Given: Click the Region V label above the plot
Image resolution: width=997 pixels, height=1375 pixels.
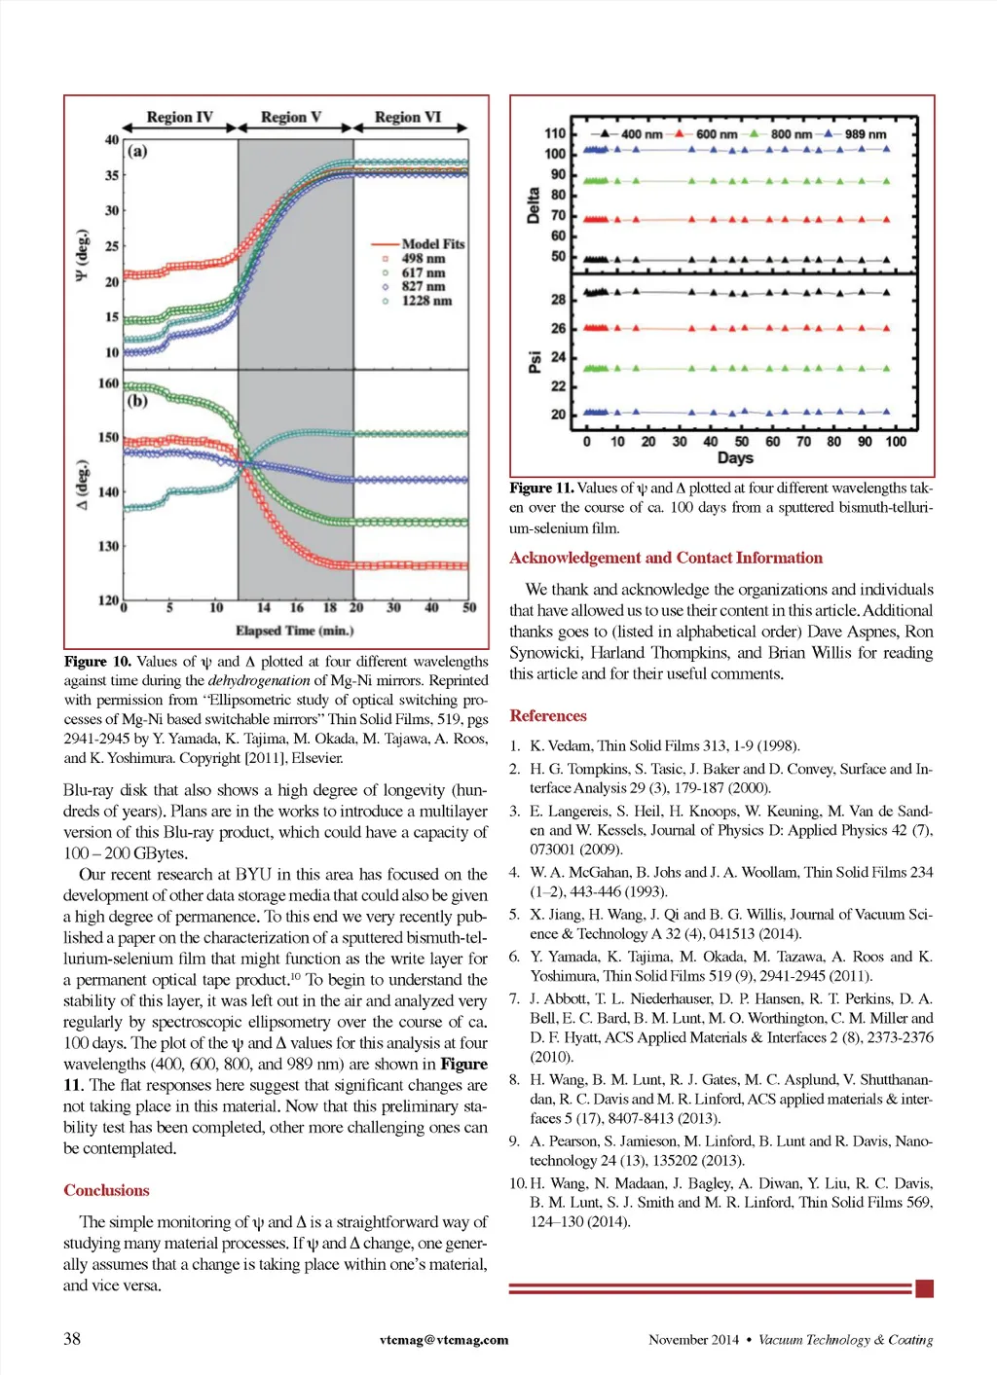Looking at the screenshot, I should pyautogui.click(x=290, y=118).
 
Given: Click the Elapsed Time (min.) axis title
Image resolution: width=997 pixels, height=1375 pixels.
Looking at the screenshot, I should pyautogui.click(x=294, y=631).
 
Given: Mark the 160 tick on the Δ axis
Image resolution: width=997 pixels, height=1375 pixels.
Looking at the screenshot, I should pyautogui.click(x=108, y=383).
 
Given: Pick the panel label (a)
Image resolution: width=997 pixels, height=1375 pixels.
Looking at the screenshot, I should pyautogui.click(x=137, y=151).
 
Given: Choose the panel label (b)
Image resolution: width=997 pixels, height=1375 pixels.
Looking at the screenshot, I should pyautogui.click(x=137, y=400).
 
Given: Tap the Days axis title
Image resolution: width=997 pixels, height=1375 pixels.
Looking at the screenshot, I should pyautogui.click(x=735, y=457).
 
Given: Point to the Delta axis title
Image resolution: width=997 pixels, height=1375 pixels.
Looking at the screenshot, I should pyautogui.click(x=533, y=205).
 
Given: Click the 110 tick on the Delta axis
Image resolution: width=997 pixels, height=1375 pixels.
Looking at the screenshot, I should pyautogui.click(x=555, y=133).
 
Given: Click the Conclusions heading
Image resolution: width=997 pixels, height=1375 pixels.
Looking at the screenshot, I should pyautogui.click(x=106, y=1190).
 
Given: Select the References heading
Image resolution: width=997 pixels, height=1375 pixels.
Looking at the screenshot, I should pyautogui.click(x=548, y=715).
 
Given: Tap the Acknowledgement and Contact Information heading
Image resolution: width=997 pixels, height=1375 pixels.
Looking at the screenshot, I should pyautogui.click(x=666, y=558).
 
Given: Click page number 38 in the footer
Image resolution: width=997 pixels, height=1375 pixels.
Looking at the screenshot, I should pyautogui.click(x=72, y=1339).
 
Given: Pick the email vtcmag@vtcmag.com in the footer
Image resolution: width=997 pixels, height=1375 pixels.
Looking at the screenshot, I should pyautogui.click(x=444, y=1340).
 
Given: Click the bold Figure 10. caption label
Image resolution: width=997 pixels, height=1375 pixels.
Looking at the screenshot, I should pyautogui.click(x=97, y=662).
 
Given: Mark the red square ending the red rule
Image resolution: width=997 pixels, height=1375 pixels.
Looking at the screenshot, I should pyautogui.click(x=925, y=1288).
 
